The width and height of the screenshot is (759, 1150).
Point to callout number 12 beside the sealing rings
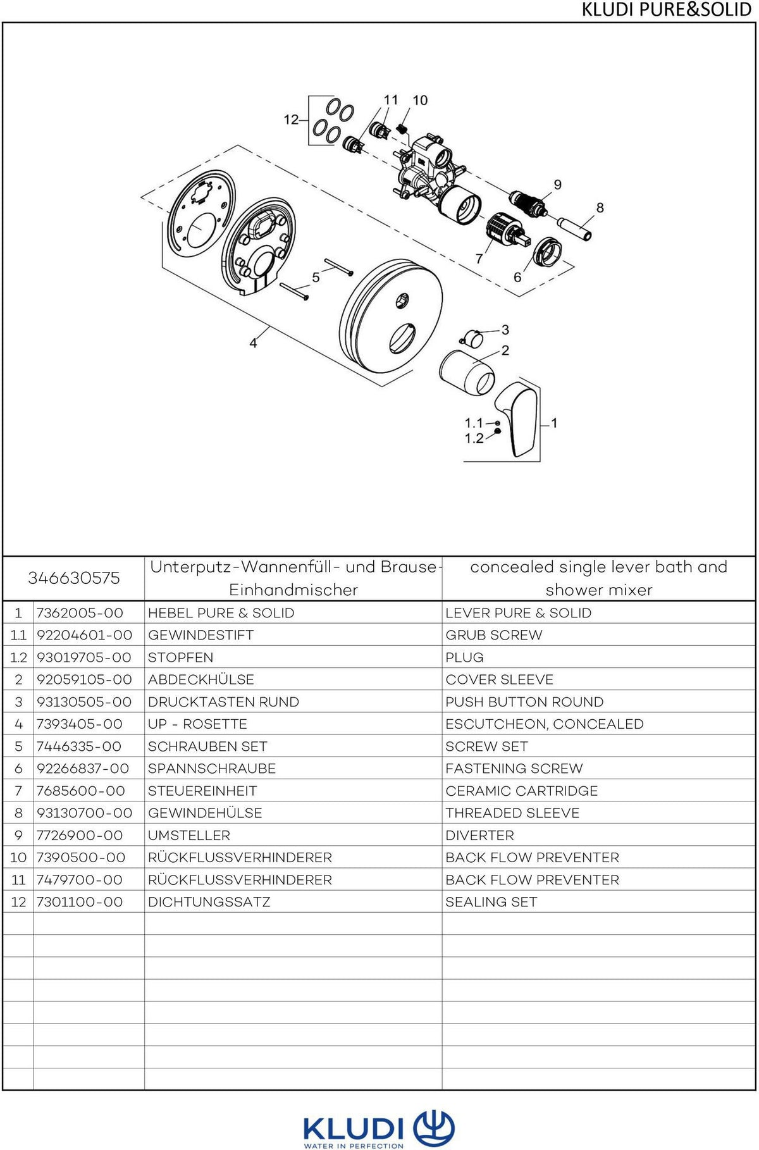pos(291,120)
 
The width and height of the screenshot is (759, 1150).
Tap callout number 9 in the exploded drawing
pos(557,185)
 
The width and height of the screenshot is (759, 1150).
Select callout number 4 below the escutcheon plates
pos(253,343)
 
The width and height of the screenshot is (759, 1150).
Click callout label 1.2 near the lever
pos(474,438)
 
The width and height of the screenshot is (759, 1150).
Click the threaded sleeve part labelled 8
pos(574,228)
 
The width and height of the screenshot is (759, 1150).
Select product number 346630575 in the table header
pos(74,578)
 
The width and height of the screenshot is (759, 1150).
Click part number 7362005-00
pos(80,613)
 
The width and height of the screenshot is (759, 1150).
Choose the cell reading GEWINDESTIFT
pos(201,635)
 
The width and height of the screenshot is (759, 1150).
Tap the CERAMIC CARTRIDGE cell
pos(521,791)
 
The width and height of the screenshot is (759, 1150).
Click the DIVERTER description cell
pos(479,836)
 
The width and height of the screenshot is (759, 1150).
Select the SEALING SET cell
pos(491,902)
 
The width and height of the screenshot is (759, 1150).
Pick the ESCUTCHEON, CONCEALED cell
pos(544,724)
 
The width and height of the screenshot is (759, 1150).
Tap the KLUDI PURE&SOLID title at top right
pos(666,10)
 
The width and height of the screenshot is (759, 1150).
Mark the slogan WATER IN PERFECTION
pos(354,1145)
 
